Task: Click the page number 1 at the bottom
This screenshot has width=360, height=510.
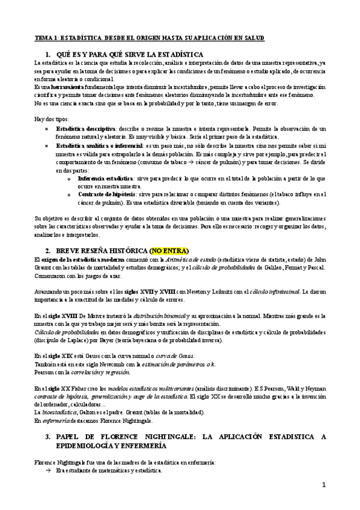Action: tap(323, 485)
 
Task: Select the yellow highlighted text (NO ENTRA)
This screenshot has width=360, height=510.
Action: tap(169, 250)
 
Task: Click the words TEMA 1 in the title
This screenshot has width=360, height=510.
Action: tap(46, 38)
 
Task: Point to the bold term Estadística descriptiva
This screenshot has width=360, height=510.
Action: tap(86, 129)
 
